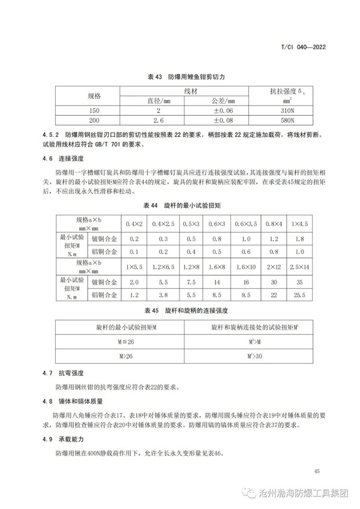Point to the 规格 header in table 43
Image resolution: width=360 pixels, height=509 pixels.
[x=95, y=96]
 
